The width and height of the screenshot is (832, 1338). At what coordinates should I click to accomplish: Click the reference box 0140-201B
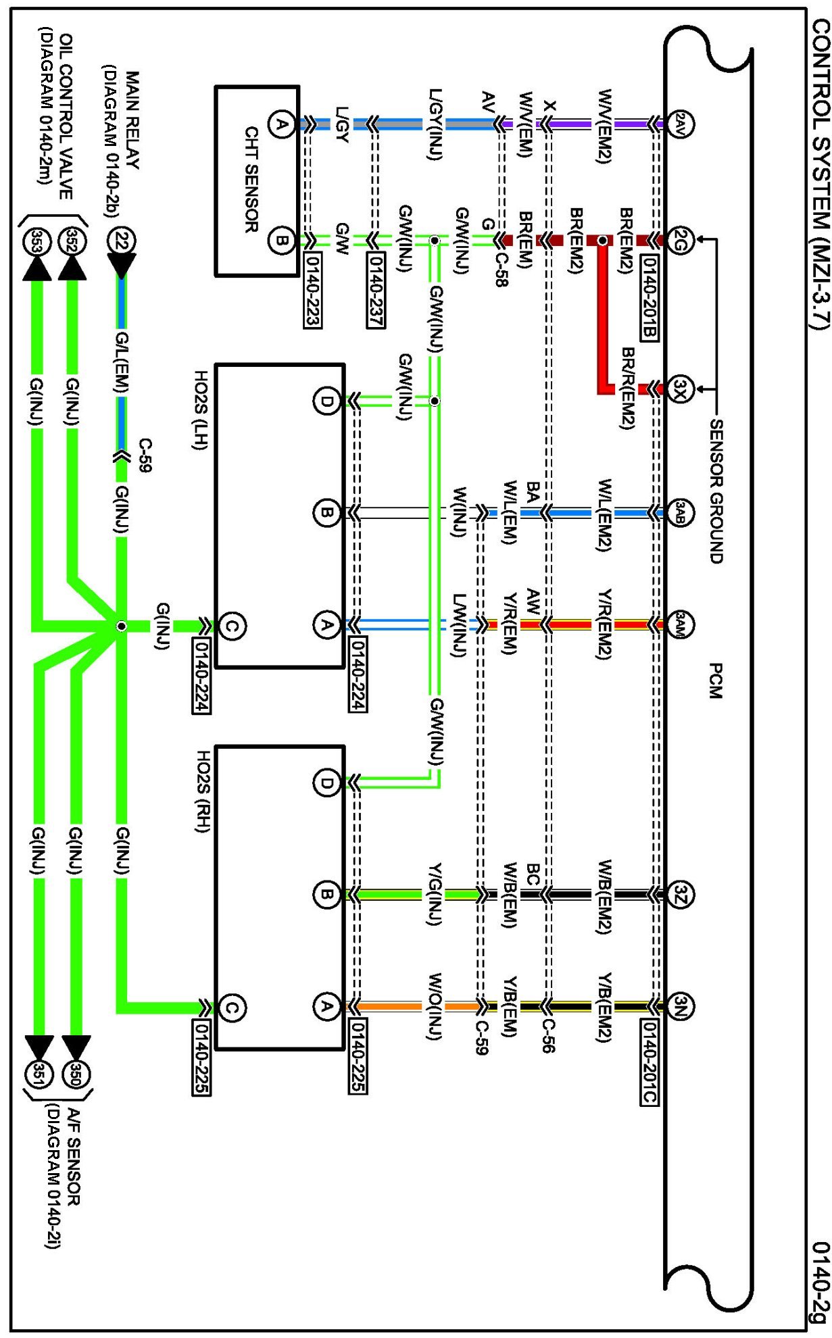(649, 297)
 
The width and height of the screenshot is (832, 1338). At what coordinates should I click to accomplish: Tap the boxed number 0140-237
(376, 291)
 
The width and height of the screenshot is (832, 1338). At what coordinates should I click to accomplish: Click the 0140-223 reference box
(312, 291)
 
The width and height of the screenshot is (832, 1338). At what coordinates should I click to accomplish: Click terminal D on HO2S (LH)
(326, 401)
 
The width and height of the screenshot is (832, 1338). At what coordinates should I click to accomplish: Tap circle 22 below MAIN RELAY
(121, 241)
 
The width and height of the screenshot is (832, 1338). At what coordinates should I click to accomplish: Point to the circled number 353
(36, 241)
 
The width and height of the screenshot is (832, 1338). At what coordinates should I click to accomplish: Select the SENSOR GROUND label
(716, 491)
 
